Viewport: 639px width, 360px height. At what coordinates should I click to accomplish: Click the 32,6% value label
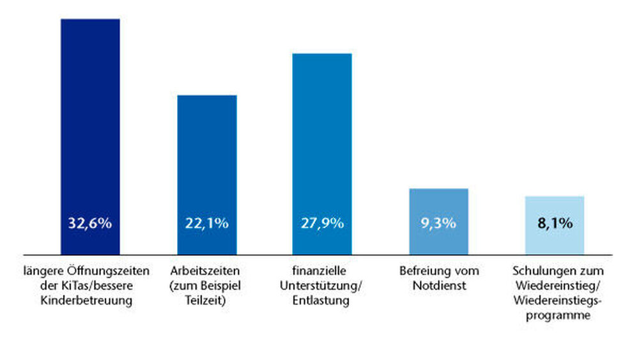pos(90,224)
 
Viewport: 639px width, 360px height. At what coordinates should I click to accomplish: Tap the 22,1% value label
pos(206,224)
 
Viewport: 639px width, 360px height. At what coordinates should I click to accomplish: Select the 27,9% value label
pos(322,224)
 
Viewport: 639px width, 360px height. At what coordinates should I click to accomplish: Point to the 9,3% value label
pos(438,224)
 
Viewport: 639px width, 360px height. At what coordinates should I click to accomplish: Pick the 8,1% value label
pos(555,224)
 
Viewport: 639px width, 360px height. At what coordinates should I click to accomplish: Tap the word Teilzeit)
pos(206,301)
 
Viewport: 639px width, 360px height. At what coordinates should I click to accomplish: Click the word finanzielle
pos(322,271)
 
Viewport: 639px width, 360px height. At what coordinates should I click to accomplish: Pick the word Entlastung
pos(322,301)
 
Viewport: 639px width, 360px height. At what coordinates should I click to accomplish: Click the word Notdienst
pos(438,286)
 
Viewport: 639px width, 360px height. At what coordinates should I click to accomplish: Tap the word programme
pos(555,315)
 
